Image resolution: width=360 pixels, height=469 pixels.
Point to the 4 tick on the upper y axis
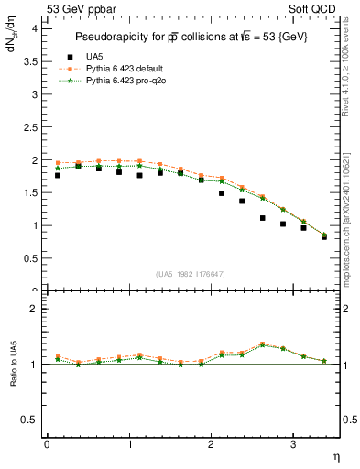pyautogui.click(x=36, y=28)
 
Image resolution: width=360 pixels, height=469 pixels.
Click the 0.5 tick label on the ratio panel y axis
pyautogui.click(x=30, y=420)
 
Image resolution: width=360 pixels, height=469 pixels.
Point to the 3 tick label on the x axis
pyautogui.click(x=292, y=444)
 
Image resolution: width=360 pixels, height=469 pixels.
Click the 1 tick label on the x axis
pyautogui.click(x=128, y=444)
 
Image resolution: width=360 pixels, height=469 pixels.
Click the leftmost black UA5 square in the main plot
pyautogui.click(x=58, y=174)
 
